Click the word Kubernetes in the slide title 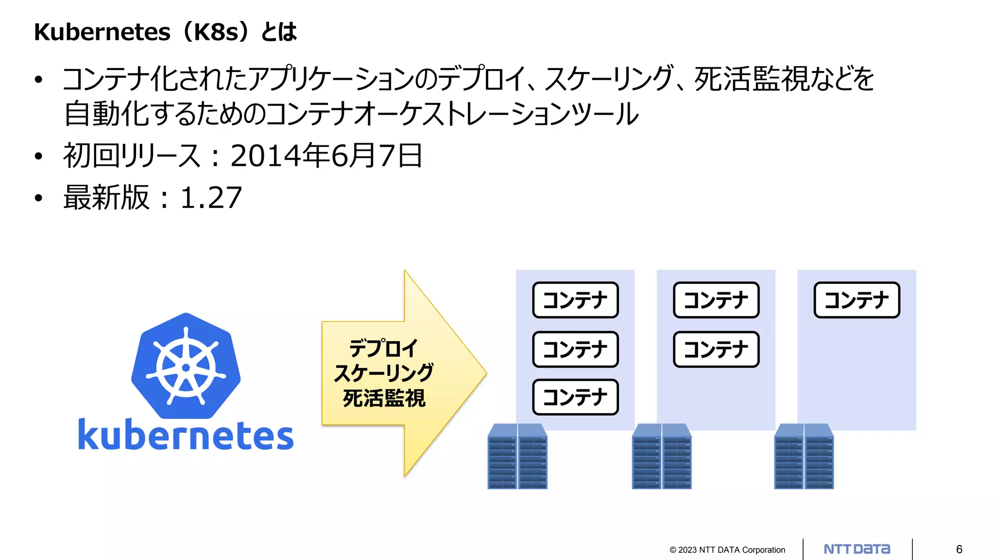(x=103, y=32)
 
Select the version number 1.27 (x=211, y=198)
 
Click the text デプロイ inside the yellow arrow (x=383, y=349)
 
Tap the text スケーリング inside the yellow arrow (x=383, y=373)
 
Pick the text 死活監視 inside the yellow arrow (x=384, y=398)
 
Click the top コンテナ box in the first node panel (x=575, y=300)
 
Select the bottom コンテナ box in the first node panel (x=575, y=397)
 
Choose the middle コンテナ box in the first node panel (x=575, y=349)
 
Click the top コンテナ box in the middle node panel (x=716, y=300)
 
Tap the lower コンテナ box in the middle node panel (x=716, y=349)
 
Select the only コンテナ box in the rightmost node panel (x=857, y=300)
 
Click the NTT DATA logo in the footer (x=857, y=549)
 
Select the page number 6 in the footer (x=959, y=549)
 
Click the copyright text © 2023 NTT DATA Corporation (x=727, y=550)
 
